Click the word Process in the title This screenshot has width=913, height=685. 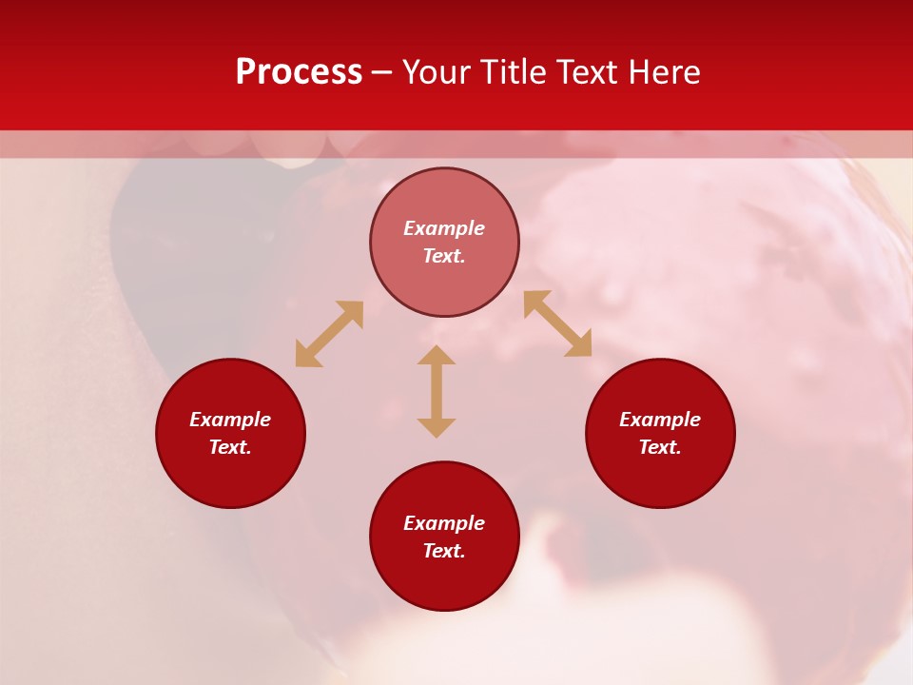299,72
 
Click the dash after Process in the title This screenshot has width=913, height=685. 381,73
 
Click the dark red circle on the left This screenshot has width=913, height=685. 230,476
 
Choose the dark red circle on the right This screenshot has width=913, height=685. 660,476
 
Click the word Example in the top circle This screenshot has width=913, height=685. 444,228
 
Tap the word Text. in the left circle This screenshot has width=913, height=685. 230,447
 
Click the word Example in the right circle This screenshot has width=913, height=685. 660,420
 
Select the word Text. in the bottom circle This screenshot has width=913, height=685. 444,551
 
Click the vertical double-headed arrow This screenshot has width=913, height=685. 437,391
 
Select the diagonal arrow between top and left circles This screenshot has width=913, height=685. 329,334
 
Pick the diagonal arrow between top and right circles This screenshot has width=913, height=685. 557,323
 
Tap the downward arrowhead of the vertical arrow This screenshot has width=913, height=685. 437,426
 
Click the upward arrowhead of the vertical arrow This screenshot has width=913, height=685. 437,356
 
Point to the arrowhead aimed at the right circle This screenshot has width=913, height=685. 579,344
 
